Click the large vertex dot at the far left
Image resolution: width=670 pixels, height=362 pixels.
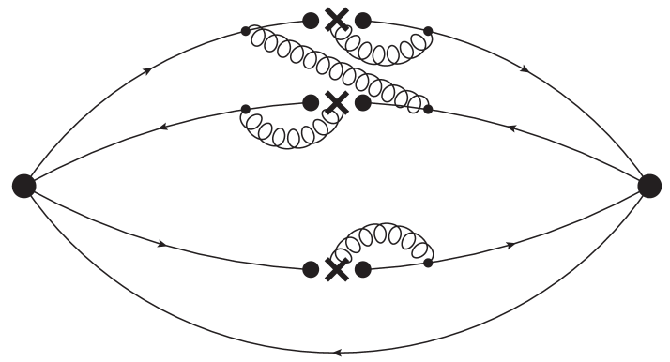(23, 186)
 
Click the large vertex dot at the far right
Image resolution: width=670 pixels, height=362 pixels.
(649, 186)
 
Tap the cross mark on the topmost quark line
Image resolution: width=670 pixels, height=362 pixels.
(336, 21)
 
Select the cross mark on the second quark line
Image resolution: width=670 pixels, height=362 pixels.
(336, 102)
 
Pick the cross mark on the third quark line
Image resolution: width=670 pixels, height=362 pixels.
(336, 269)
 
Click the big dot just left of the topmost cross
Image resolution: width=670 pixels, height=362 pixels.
(311, 21)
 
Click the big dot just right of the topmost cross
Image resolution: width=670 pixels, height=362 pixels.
(362, 21)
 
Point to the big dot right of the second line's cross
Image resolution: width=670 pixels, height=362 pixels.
(362, 102)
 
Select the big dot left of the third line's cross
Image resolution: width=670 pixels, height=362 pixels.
(311, 269)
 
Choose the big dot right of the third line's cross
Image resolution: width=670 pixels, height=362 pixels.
(362, 269)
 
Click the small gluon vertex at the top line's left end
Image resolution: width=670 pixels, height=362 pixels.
(246, 31)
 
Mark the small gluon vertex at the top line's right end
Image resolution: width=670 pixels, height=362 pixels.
(429, 32)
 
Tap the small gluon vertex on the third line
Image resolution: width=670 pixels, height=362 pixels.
(429, 264)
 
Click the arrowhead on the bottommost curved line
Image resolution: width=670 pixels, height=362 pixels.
(336, 353)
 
